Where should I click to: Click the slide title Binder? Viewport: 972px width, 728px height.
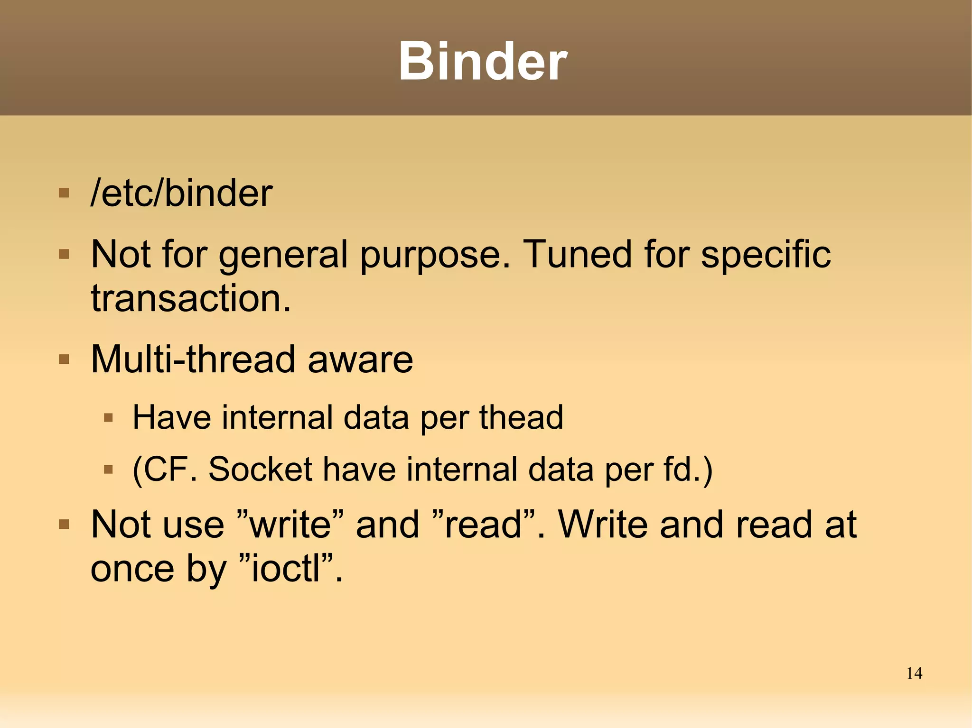click(483, 62)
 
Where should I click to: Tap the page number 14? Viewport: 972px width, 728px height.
click(914, 673)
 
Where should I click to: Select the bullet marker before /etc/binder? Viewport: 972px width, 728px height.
click(64, 193)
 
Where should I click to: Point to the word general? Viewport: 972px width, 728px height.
click(283, 255)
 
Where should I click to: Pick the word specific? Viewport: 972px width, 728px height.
click(766, 255)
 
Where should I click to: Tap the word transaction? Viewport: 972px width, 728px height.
click(190, 298)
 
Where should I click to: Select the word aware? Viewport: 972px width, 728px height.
click(360, 360)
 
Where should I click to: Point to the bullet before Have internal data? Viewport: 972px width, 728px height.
click(109, 418)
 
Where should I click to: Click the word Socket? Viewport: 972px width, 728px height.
click(260, 469)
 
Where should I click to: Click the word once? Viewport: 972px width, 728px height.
click(132, 569)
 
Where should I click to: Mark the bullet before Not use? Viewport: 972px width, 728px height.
click(64, 525)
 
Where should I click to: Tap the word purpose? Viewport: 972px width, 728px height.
click(435, 255)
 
